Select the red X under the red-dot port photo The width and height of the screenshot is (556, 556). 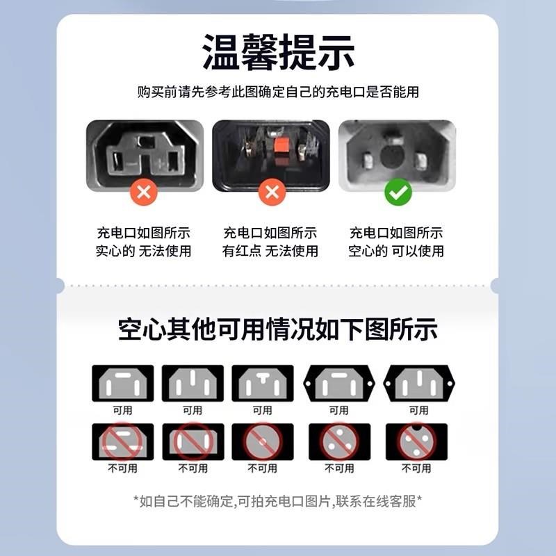[270, 193]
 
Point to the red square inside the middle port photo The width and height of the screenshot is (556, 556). [281, 146]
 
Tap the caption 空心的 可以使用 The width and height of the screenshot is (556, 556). [396, 251]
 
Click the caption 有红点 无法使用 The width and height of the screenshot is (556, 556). [270, 251]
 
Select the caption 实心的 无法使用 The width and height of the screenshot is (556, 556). [143, 251]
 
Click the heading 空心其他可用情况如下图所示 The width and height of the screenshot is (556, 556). [278, 329]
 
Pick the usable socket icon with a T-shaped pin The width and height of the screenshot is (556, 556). [262, 382]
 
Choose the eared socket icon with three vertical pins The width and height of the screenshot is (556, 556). [418, 382]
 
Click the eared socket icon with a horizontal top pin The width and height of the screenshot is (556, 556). [339, 382]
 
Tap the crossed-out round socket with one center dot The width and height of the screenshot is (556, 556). [262, 441]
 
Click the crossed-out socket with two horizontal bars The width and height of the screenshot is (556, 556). [122, 441]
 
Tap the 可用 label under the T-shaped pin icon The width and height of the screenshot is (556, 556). [262, 410]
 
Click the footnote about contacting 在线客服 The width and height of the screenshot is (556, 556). [278, 501]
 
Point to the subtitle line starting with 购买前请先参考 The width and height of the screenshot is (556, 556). [278, 92]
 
